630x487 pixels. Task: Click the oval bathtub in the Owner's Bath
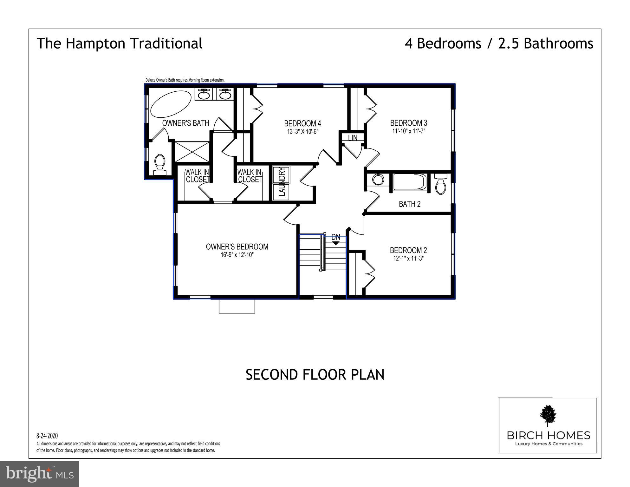click(171, 104)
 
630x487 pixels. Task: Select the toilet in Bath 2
click(441, 184)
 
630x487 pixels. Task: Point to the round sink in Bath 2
click(377, 180)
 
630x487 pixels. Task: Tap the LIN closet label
click(353, 138)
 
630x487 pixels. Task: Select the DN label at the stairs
click(336, 237)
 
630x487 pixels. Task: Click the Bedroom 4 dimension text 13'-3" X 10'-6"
click(302, 132)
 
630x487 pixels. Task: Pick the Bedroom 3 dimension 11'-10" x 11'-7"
click(409, 131)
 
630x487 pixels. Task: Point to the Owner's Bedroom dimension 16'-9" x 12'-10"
click(237, 255)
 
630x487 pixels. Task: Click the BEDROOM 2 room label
click(408, 250)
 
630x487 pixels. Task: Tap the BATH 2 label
click(410, 204)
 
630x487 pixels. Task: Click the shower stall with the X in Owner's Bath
click(192, 152)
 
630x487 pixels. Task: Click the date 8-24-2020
click(47, 436)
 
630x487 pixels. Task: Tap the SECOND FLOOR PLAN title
click(315, 375)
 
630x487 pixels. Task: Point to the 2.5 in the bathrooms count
click(509, 43)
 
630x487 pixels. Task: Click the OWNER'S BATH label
click(186, 123)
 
